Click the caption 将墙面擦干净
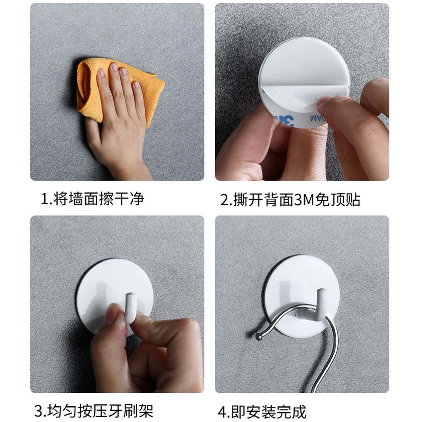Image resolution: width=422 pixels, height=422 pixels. pyautogui.click(x=98, y=199)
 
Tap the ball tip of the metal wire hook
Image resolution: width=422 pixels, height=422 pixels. pyautogui.click(x=259, y=336)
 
